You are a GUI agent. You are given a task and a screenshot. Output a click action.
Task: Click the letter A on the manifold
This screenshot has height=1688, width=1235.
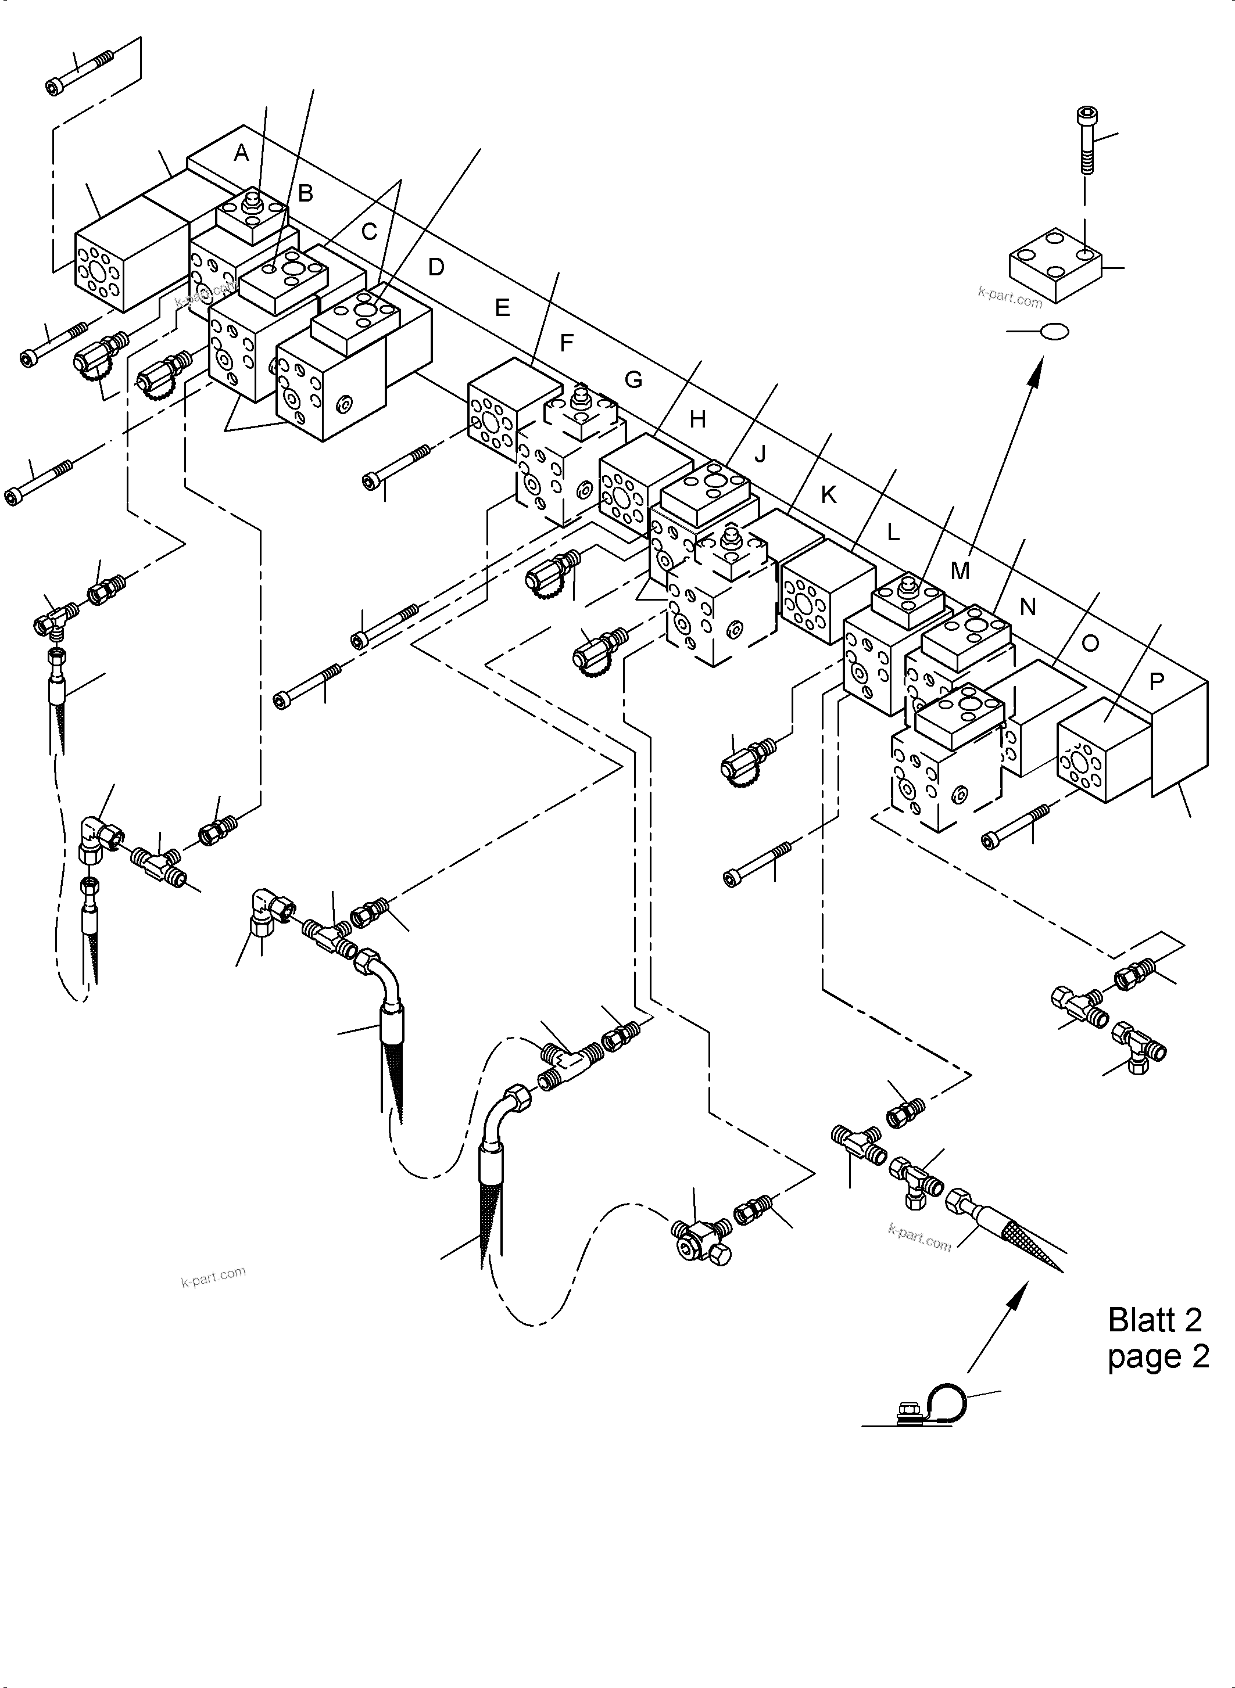coord(241,153)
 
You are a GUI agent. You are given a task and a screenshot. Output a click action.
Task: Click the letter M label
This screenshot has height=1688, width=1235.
coord(960,571)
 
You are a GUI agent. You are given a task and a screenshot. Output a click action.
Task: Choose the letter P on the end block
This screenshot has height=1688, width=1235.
coord(1157,681)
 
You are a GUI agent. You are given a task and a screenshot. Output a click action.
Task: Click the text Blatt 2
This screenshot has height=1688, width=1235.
coord(1154,1320)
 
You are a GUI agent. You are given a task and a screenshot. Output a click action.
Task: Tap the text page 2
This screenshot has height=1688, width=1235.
coord(1158,1356)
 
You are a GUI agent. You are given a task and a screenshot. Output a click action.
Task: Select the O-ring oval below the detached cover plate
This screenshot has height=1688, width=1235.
coord(1054,331)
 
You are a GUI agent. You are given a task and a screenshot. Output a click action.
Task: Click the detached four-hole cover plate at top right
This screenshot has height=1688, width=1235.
coord(1055,265)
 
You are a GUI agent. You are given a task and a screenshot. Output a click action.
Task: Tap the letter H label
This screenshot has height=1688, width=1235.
coord(697,419)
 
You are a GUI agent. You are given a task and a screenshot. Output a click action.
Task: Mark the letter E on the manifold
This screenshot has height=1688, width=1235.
coord(502,307)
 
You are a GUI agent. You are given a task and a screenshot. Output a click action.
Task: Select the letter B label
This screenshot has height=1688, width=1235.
coord(305,193)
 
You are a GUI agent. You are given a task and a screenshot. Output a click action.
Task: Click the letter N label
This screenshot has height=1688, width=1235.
coord(1028,607)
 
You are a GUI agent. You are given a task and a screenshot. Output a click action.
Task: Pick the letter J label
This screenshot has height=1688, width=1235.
coord(760,454)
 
